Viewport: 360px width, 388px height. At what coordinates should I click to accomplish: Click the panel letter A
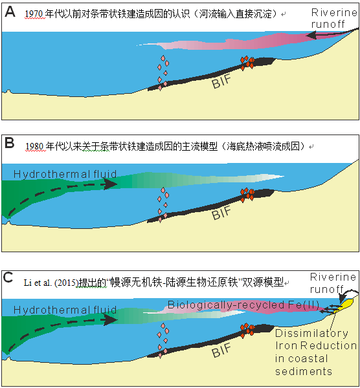(10, 12)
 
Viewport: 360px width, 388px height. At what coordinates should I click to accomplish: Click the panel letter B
(10, 143)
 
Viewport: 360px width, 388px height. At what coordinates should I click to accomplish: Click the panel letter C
(8, 277)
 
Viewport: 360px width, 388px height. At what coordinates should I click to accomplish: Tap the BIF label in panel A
(221, 81)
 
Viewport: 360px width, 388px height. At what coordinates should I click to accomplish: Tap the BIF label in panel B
(221, 213)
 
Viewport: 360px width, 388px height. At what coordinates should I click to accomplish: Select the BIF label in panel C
(221, 350)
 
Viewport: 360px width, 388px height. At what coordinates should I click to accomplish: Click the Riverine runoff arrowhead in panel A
(311, 36)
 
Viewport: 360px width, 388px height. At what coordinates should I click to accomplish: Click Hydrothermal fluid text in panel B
(65, 174)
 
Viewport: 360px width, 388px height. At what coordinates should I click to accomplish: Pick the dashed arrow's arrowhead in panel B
(111, 184)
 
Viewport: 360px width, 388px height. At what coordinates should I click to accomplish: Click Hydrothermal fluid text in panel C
(65, 310)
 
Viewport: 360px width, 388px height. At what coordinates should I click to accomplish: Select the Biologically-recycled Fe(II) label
(243, 305)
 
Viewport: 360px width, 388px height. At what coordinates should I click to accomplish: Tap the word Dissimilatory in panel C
(311, 334)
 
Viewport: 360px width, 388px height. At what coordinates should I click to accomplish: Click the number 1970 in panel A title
(34, 14)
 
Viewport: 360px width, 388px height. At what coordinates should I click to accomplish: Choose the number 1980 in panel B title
(35, 147)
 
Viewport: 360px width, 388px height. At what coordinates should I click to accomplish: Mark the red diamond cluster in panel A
(247, 62)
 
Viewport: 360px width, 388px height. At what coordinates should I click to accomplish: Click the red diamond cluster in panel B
(247, 195)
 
